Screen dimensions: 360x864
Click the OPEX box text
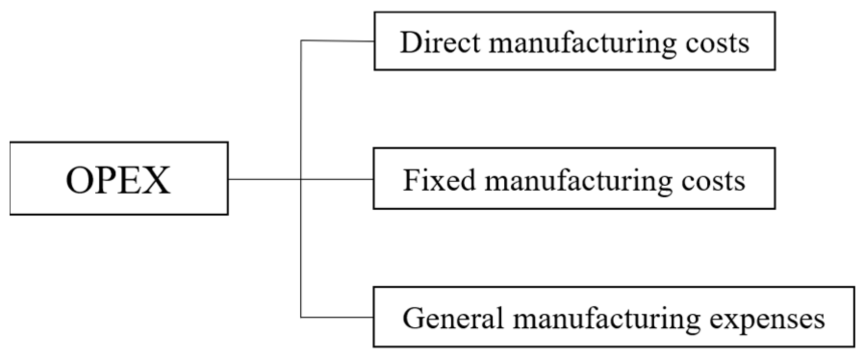(118, 180)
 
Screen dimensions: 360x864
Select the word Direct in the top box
(440, 42)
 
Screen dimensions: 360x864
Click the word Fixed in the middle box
(439, 180)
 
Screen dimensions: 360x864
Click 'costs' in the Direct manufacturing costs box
(717, 43)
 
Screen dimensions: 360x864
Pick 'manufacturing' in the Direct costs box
(583, 43)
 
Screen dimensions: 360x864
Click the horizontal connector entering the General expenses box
(337, 317)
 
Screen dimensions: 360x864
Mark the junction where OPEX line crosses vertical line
(301, 179)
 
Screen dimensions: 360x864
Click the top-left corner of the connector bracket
(301, 41)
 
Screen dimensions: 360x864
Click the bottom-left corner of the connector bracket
(301, 317)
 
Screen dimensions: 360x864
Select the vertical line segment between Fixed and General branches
(301, 248)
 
